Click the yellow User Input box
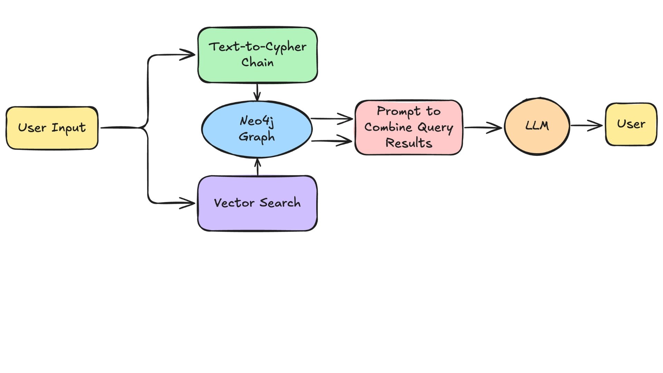click(52, 128)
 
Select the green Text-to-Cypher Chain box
click(257, 55)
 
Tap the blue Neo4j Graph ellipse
click(257, 129)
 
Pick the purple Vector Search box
click(257, 203)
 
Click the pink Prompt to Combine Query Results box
click(409, 127)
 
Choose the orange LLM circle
click(537, 126)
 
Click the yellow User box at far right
click(631, 124)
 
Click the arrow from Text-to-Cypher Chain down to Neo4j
click(257, 92)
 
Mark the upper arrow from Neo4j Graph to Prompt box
click(331, 119)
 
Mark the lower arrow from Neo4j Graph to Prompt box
click(331, 141)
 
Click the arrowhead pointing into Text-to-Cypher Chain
click(188, 55)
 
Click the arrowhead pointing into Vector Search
click(188, 203)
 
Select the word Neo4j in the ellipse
click(257, 121)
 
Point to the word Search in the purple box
click(280, 203)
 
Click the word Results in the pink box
click(409, 143)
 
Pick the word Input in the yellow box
click(69, 128)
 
